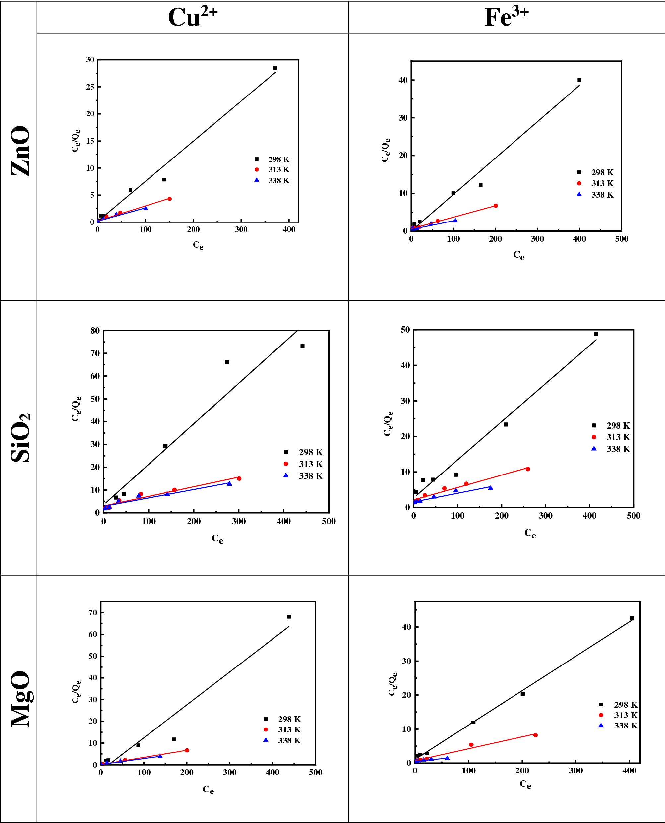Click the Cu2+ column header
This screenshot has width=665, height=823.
(193, 17)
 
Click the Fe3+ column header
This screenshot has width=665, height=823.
(507, 17)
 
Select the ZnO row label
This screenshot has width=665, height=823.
(20, 151)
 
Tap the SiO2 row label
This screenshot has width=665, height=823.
(20, 438)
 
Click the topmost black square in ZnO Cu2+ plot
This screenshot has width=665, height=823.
(275, 68)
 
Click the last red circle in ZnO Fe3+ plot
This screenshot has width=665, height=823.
(495, 206)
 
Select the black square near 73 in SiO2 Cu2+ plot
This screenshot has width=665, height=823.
(302, 346)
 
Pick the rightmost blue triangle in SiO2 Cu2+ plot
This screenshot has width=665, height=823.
(229, 483)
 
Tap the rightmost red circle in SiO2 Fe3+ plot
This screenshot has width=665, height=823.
(528, 469)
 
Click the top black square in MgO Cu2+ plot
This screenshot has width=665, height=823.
(289, 617)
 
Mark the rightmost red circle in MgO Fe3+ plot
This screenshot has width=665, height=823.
(535, 735)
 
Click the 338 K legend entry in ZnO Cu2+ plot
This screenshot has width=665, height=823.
(272, 180)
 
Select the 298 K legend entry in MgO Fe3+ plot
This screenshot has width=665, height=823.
(619, 705)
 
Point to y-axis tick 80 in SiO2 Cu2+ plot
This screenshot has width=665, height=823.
(95, 331)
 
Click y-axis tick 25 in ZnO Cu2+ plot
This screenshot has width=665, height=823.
(90, 87)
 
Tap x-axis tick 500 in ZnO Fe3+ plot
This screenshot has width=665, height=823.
(621, 239)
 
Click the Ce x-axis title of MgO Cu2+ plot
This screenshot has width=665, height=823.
(208, 789)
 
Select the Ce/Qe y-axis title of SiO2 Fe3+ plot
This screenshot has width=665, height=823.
(388, 423)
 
